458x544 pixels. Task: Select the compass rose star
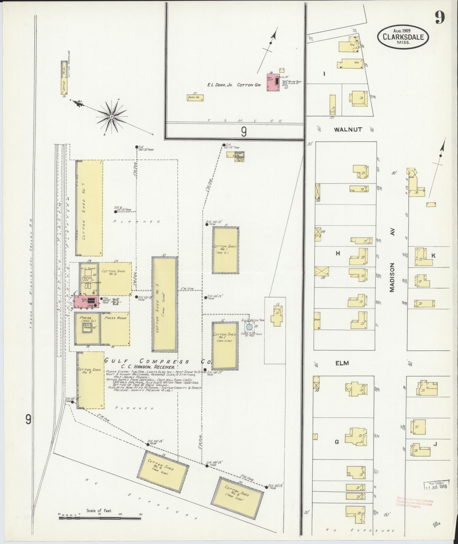click(x=112, y=117)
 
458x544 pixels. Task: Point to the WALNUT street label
click(x=348, y=129)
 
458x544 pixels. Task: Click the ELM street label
click(x=342, y=363)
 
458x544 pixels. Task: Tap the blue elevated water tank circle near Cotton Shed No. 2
click(x=249, y=327)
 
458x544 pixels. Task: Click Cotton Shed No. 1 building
click(x=225, y=250)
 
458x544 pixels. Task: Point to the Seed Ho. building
click(x=196, y=98)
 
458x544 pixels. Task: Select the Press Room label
click(x=115, y=318)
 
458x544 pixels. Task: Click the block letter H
click(x=338, y=253)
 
